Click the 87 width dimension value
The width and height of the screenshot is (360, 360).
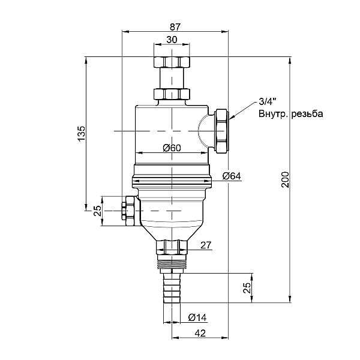(x=175, y=27)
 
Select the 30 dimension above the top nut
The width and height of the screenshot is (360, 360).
(x=172, y=40)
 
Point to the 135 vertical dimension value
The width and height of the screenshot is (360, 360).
(x=81, y=134)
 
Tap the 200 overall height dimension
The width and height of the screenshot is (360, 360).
(x=286, y=180)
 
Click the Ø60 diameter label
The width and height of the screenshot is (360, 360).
(x=172, y=148)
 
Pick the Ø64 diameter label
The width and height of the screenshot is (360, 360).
(x=232, y=176)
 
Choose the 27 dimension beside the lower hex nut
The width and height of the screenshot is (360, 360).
(x=206, y=245)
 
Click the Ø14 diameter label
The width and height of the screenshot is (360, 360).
(x=197, y=318)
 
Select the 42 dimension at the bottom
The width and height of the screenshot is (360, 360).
(x=200, y=333)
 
